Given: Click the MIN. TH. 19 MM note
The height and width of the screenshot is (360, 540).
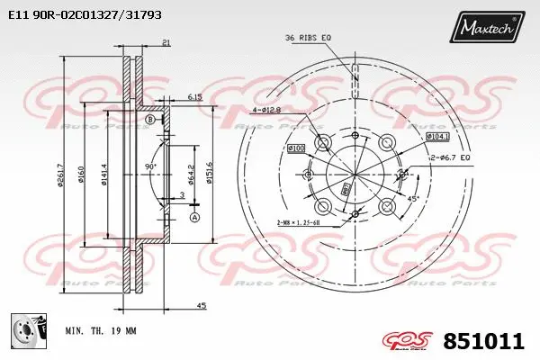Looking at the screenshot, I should tap(101, 331).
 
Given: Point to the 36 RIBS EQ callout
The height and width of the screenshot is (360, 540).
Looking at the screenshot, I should tap(308, 37).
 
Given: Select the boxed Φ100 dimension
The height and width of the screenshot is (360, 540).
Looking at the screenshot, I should tap(296, 147).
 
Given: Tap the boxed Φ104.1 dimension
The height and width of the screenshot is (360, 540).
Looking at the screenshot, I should tap(436, 137).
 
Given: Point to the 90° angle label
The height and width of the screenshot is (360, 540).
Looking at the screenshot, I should tap(151, 166).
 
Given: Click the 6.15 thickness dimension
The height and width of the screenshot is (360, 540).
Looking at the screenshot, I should tap(194, 95).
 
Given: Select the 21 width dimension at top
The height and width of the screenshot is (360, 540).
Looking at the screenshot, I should tap(167, 42).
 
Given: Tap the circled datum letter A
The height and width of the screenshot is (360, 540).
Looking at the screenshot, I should tap(194, 217).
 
